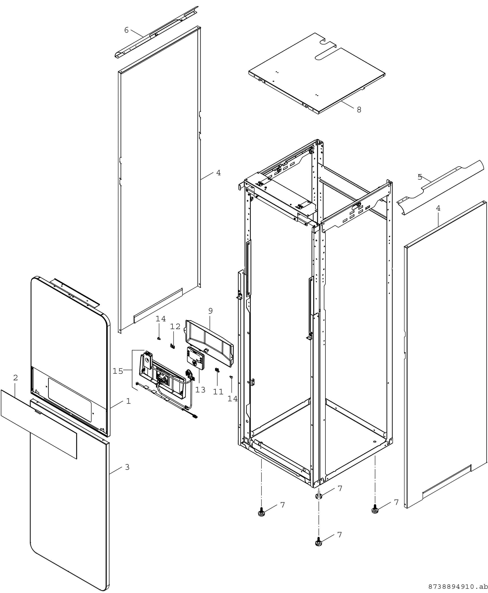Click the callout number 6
pyautogui.click(x=126, y=30)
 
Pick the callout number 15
pyautogui.click(x=118, y=371)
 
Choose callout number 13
pyautogui.click(x=200, y=390)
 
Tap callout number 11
pyautogui.click(x=218, y=392)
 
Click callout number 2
pyautogui.click(x=15, y=378)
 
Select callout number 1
pyautogui.click(x=128, y=401)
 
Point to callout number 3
pyautogui.click(x=127, y=467)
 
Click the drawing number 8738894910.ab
pyautogui.click(x=458, y=587)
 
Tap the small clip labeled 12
pyautogui.click(x=173, y=346)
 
